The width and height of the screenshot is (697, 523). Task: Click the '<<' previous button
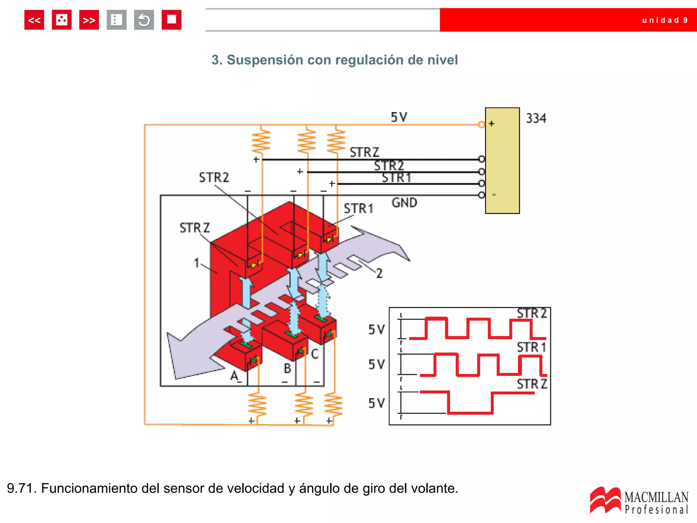tap(34, 20)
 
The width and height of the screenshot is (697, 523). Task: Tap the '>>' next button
tap(89, 20)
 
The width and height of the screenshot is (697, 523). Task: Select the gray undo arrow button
tap(144, 20)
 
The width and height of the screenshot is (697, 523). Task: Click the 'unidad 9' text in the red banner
tap(665, 20)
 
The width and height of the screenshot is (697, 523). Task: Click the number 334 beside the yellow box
tap(536, 118)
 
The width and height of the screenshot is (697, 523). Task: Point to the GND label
tap(404, 203)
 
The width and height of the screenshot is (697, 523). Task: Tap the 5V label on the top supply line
tap(399, 117)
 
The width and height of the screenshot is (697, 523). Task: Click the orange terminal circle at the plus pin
tap(481, 124)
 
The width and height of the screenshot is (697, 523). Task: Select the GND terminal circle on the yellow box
tap(481, 195)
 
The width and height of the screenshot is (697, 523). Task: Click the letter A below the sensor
tap(234, 376)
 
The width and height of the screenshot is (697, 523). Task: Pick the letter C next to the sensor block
tap(315, 354)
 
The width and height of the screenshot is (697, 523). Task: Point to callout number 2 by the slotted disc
tap(379, 273)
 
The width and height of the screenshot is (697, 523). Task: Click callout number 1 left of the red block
tap(196, 263)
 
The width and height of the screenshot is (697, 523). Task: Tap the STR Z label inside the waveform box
tap(532, 384)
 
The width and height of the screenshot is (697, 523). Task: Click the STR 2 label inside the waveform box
tap(532, 313)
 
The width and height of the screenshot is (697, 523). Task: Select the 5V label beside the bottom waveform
tap(376, 403)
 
